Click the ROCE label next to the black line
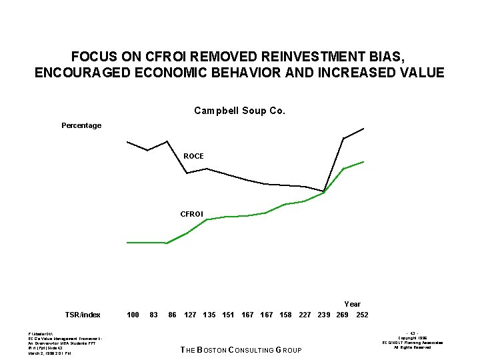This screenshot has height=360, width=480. click(193, 156)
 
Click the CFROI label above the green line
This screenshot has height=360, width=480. click(192, 214)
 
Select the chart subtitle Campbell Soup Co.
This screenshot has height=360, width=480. click(239, 111)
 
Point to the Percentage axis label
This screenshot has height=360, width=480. click(81, 125)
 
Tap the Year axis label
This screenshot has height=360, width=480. click(352, 304)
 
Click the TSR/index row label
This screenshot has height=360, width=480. click(83, 315)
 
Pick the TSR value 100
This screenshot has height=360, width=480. click(133, 315)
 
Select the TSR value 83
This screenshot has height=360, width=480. click(154, 315)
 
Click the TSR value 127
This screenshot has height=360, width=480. click(191, 315)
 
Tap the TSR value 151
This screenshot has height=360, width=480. click(228, 315)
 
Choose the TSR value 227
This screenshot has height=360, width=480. click(305, 315)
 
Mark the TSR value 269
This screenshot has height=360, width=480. click(342, 315)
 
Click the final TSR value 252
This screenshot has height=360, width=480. click(362, 315)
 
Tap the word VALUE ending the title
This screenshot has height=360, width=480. click(422, 73)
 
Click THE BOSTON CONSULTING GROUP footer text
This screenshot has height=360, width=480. click(241, 350)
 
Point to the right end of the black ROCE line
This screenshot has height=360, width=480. click(363, 128)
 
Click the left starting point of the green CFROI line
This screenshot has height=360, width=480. click(127, 243)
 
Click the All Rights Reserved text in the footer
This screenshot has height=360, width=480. click(412, 347)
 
